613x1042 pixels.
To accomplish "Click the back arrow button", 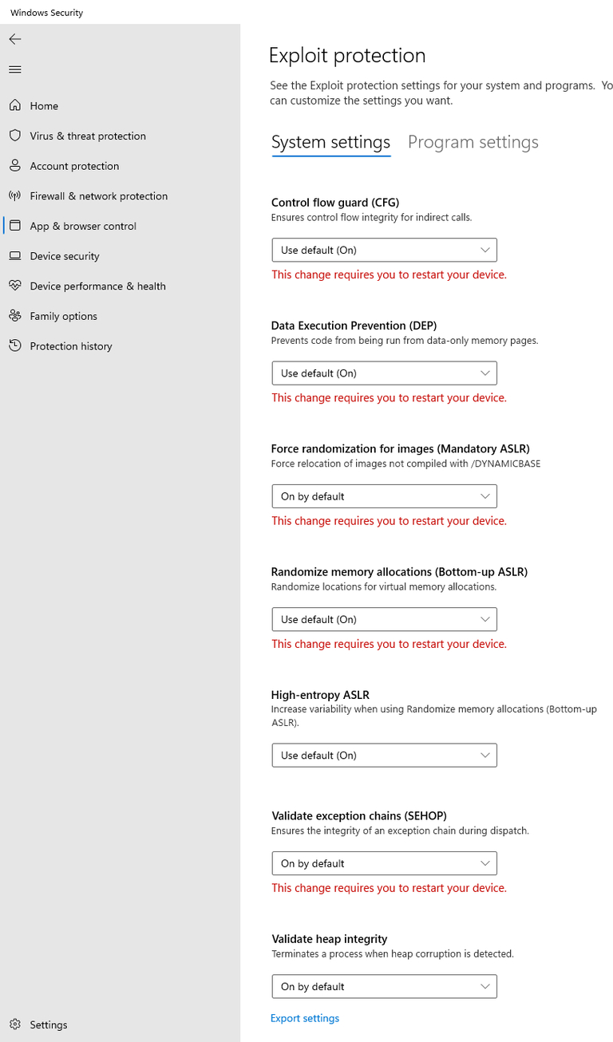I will [x=15, y=39].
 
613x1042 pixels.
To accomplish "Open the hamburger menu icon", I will [x=15, y=69].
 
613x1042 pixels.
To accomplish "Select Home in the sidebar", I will [x=44, y=106].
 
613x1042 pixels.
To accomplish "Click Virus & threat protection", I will [x=88, y=136].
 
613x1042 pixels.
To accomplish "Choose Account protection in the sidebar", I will [x=74, y=166].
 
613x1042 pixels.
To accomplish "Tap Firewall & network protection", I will [x=98, y=196].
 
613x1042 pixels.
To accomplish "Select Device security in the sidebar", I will [x=65, y=256].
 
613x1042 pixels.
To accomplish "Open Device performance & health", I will [x=97, y=286].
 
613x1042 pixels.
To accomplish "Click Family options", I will [x=63, y=317].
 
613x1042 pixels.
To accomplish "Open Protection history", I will [x=70, y=346].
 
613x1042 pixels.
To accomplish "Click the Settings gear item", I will [x=48, y=1024].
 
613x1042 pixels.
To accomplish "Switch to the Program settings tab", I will [x=473, y=143].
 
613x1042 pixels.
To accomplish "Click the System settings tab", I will [x=330, y=143].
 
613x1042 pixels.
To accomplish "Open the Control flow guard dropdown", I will [x=384, y=250].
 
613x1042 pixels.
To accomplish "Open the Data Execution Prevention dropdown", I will [x=384, y=373].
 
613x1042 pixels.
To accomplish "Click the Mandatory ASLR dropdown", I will [x=384, y=496].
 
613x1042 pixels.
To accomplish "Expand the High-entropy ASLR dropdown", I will [x=384, y=755].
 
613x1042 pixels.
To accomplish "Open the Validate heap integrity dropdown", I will [x=384, y=986].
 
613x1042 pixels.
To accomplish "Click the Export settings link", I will [x=305, y=1018].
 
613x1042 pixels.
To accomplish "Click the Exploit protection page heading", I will [x=347, y=56].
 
